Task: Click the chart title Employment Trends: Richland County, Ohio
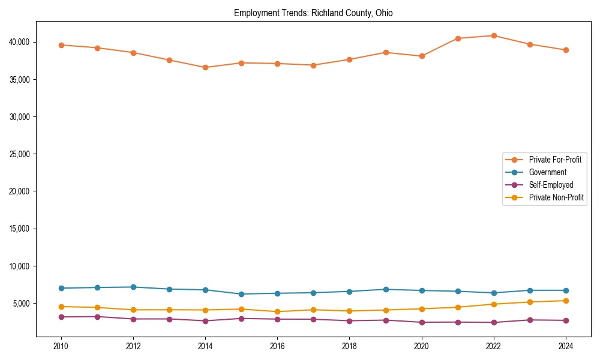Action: (313, 13)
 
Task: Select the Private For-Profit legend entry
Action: (554, 160)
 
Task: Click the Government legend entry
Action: (547, 172)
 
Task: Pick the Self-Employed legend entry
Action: (551, 185)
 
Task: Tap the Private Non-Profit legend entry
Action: (556, 197)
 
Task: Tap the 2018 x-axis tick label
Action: (349, 346)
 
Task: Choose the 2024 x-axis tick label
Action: (566, 346)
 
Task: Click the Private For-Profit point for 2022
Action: (494, 35)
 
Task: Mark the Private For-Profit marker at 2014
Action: (205, 67)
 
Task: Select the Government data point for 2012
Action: (133, 287)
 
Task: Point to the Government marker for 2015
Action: (241, 294)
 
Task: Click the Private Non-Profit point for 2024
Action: (566, 301)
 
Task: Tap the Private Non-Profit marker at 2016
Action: (277, 311)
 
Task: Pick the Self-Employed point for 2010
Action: (61, 317)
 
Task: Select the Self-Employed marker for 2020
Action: (422, 322)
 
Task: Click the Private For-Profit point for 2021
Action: (458, 38)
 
